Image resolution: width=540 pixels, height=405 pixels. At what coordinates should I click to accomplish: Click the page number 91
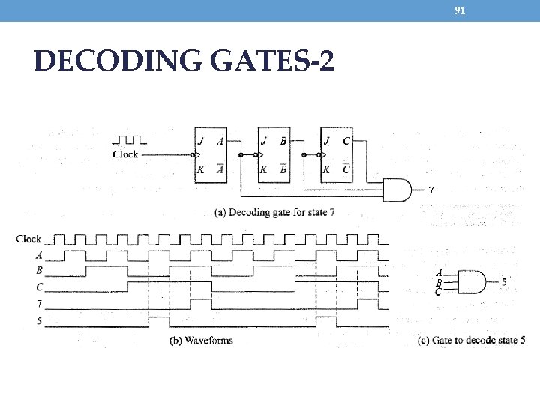pyautogui.click(x=460, y=10)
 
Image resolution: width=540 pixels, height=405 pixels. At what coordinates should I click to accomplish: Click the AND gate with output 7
pyautogui.click(x=397, y=189)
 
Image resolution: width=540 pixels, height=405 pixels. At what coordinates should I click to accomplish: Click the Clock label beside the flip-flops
pyautogui.click(x=125, y=154)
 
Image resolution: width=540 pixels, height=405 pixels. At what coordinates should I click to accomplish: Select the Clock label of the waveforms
pyautogui.click(x=28, y=239)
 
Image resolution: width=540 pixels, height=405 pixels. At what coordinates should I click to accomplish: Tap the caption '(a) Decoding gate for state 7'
pyautogui.click(x=274, y=212)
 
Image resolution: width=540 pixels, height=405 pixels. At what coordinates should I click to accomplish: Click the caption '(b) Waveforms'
pyautogui.click(x=198, y=340)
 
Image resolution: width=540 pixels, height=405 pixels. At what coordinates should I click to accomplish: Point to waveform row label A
pyautogui.click(x=38, y=255)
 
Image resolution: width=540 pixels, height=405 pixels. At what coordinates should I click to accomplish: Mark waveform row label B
pyautogui.click(x=38, y=270)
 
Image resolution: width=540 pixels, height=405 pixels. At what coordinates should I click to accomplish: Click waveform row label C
pyautogui.click(x=38, y=286)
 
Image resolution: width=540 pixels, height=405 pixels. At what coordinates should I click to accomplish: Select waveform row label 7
pyautogui.click(x=38, y=304)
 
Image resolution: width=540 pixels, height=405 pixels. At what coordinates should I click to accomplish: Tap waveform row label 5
pyautogui.click(x=38, y=320)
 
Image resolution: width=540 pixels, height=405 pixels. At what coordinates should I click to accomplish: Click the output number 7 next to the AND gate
pyautogui.click(x=430, y=190)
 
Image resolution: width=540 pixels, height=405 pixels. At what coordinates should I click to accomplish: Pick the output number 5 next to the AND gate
pyautogui.click(x=504, y=282)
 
